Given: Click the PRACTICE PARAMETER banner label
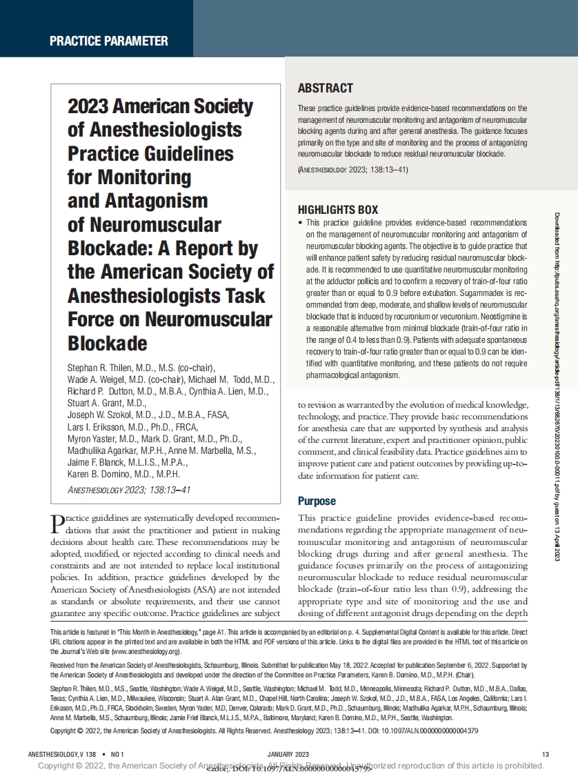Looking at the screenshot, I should pos(108,41).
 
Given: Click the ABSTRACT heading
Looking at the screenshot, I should pos(325,88).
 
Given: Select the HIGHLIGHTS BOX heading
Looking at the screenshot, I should pos(337,210).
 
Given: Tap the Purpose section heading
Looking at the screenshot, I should pos(317,501).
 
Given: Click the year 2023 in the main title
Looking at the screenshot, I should pos(87,107).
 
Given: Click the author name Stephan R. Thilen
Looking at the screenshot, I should pos(104,367).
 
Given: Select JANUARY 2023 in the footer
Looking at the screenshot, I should pos(288,753).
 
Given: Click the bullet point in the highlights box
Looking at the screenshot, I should pos(300,224).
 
